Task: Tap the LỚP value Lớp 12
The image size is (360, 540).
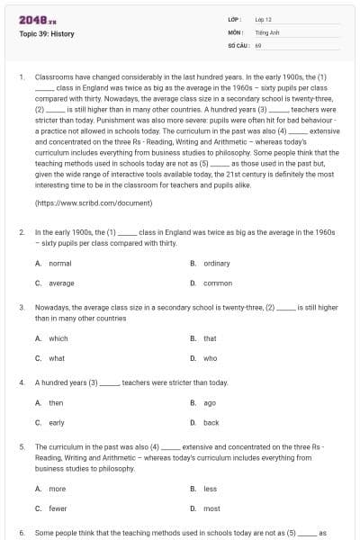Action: tap(264, 18)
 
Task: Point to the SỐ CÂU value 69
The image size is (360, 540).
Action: tap(258, 43)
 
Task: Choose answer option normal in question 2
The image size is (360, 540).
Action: tap(59, 264)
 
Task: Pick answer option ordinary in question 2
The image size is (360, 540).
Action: tap(216, 264)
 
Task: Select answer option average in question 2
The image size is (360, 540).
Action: tap(61, 283)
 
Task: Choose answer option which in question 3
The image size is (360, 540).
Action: tap(58, 338)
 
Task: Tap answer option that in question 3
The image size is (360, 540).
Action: tap(210, 338)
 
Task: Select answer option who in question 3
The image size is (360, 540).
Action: tap(210, 358)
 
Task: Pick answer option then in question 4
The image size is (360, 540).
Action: tap(56, 402)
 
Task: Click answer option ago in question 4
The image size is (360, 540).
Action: tap(209, 402)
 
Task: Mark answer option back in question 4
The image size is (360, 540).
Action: tap(211, 422)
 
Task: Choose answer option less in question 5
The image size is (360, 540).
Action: tap(210, 489)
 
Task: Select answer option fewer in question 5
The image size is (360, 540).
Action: tap(58, 508)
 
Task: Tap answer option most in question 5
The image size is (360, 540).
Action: tap(211, 508)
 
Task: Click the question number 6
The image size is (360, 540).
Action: tap(22, 532)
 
